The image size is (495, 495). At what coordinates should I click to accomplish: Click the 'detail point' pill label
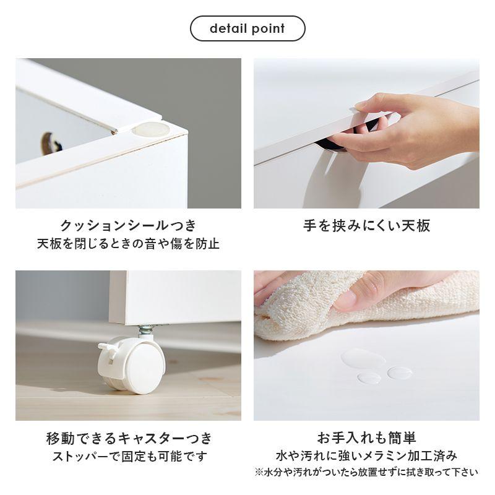click(x=247, y=28)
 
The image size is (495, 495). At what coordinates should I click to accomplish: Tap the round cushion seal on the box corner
click(x=150, y=130)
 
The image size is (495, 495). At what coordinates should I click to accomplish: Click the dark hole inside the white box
click(x=51, y=144)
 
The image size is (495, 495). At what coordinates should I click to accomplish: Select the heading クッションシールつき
click(x=128, y=225)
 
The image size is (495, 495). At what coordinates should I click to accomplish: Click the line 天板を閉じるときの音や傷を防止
click(x=128, y=244)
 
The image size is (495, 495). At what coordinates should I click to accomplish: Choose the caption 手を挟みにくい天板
click(x=366, y=226)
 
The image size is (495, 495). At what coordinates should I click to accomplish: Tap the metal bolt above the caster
click(x=146, y=330)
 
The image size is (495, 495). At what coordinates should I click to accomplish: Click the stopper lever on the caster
click(x=105, y=350)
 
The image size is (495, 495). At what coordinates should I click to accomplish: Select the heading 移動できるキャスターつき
click(x=129, y=438)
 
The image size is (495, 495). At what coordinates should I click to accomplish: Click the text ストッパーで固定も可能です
click(x=129, y=456)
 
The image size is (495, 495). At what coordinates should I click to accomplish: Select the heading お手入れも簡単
click(x=366, y=438)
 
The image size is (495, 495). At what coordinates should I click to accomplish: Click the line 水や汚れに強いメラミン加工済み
click(x=366, y=455)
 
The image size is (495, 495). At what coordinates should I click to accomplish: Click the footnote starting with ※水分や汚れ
click(x=366, y=472)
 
